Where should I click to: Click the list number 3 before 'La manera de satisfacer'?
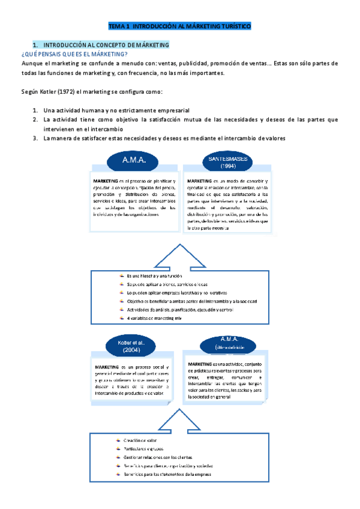tap(36, 138)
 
